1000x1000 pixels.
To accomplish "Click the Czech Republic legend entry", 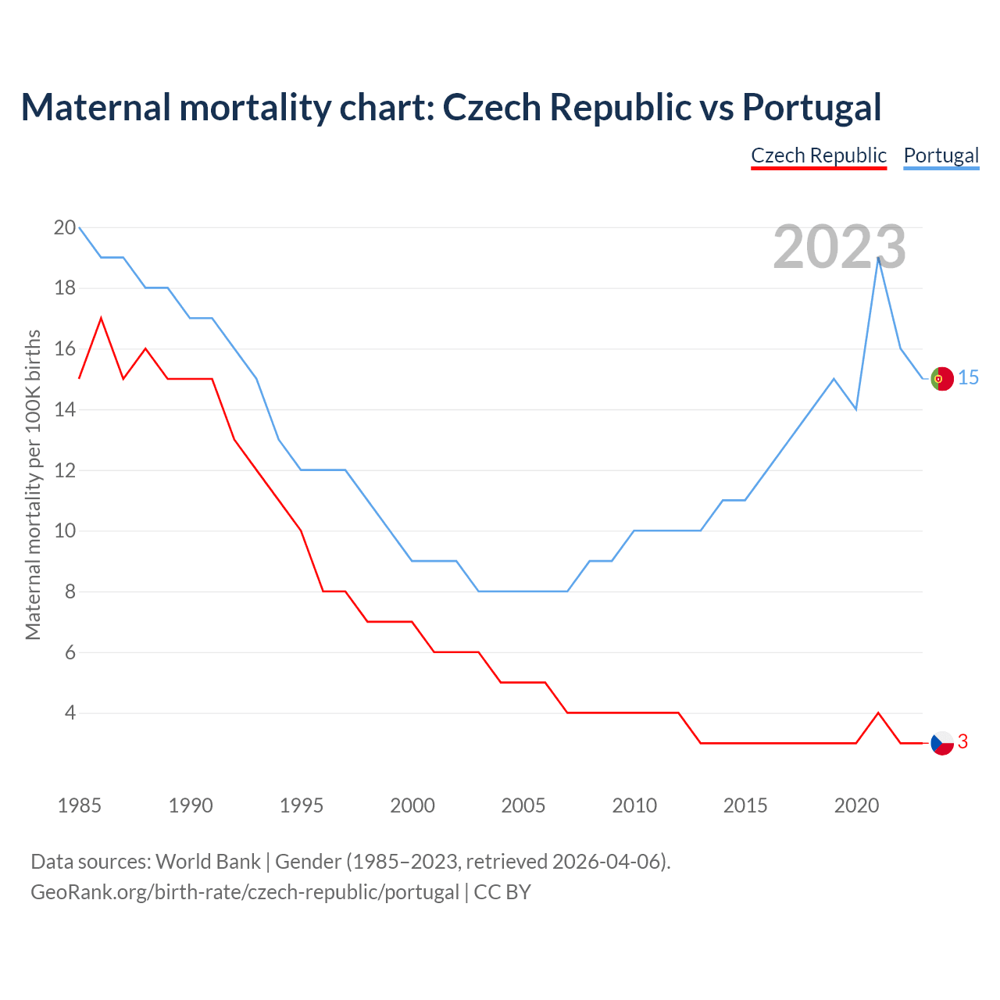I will pos(818,155).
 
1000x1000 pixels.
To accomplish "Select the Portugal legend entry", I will pos(941,155).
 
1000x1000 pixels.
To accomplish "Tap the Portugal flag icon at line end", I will pos(942,378).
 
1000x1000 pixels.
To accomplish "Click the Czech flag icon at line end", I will pos(942,743).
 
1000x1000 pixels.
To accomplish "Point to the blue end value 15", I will pos(968,378).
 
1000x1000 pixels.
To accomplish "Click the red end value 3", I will pos(962,742).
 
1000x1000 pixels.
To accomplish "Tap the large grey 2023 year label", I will pos(840,247).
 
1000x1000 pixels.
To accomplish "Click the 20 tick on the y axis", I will pos(65,228).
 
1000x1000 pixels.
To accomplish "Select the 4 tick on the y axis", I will pos(70,713).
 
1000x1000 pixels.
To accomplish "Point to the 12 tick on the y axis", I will pos(65,471).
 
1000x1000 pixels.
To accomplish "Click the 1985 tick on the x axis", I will pos(80,805).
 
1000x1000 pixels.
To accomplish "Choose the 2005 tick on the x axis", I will pos(523,805).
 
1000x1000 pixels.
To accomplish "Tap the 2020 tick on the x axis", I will pos(856,805).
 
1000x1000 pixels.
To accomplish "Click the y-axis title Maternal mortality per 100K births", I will pos(34,484).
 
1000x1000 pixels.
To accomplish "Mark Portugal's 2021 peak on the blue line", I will pos(879,258).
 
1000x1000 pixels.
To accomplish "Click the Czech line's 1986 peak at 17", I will pos(101,319).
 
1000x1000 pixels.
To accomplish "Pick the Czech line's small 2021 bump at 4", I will pos(879,713).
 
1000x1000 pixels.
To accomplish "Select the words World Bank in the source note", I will pos(208,862).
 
